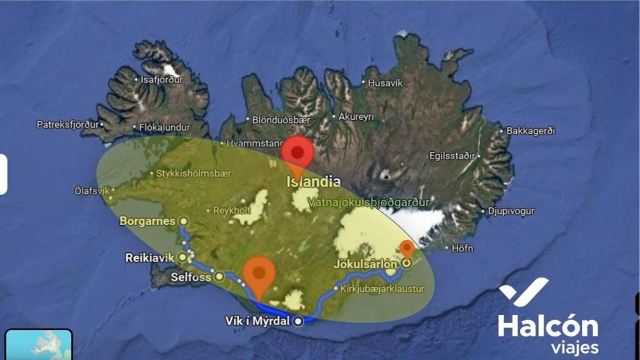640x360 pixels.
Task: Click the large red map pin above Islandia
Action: (x=297, y=153)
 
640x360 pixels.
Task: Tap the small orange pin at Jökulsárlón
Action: (x=407, y=249)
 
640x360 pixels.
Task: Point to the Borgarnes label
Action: (x=148, y=221)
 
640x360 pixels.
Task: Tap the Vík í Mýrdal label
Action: (x=257, y=321)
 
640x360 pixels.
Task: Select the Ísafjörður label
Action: (x=161, y=79)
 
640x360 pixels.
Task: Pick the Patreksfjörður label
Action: (x=67, y=124)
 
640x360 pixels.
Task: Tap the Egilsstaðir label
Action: (x=451, y=156)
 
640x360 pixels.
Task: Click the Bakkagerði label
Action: (x=531, y=131)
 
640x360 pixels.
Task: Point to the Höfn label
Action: (x=462, y=248)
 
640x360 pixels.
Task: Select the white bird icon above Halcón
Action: (x=524, y=292)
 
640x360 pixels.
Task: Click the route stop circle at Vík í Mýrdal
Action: (x=298, y=321)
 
